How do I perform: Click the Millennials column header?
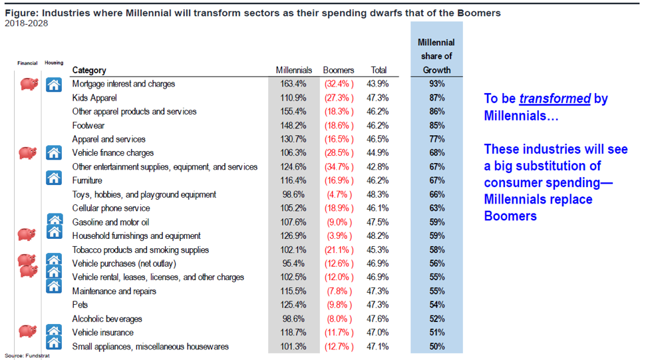pyautogui.click(x=294, y=71)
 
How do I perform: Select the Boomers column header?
pyautogui.click(x=339, y=71)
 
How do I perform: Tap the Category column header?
pyautogui.click(x=89, y=71)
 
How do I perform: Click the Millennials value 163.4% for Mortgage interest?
pyautogui.click(x=293, y=84)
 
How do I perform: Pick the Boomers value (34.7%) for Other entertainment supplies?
pyautogui.click(x=339, y=167)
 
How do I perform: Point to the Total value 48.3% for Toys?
pyautogui.click(x=377, y=195)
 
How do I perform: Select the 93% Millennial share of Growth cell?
pyautogui.click(x=437, y=84)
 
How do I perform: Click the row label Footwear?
pyautogui.click(x=88, y=126)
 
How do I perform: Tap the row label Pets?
pyautogui.click(x=81, y=305)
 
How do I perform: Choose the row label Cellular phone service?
pyautogui.click(x=111, y=208)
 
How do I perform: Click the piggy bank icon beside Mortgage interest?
pyautogui.click(x=29, y=84)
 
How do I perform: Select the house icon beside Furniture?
pyautogui.click(x=54, y=178)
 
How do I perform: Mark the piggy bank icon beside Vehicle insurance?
pyautogui.click(x=28, y=331)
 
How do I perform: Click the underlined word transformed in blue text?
pyautogui.click(x=555, y=98)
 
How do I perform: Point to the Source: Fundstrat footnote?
pyautogui.click(x=27, y=355)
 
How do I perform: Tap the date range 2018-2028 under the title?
pyautogui.click(x=27, y=23)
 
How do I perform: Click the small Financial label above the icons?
pyautogui.click(x=27, y=63)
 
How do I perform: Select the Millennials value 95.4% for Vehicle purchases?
pyautogui.click(x=293, y=264)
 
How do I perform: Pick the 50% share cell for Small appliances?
pyautogui.click(x=437, y=347)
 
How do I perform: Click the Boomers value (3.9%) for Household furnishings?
pyautogui.click(x=339, y=236)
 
